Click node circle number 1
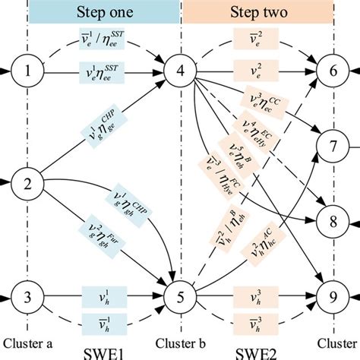point(28,73)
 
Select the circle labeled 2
point(28,183)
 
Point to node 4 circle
point(181,73)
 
